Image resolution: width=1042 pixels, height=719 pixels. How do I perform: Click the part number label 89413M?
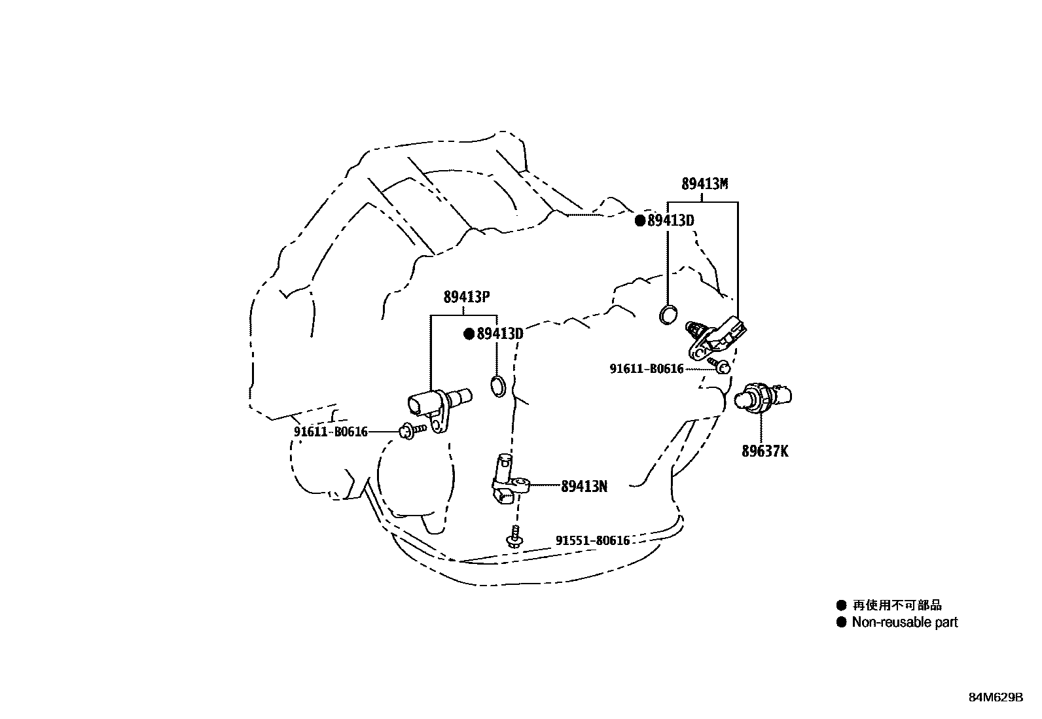point(704,184)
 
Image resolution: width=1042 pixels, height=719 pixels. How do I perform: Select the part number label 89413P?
point(467,296)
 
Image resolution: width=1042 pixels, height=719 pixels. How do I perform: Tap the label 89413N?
point(584,486)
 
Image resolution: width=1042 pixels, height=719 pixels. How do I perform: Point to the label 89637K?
point(764,451)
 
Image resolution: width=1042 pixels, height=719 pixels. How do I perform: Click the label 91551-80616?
point(592,540)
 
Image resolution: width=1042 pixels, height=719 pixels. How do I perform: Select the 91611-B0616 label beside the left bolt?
point(331,432)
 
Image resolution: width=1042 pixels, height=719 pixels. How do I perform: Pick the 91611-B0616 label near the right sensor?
point(647,369)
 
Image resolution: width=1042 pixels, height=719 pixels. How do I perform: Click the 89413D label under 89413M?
point(670,220)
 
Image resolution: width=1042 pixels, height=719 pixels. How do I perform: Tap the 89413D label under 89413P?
point(500,334)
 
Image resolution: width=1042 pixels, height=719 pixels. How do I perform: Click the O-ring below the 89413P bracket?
point(498,386)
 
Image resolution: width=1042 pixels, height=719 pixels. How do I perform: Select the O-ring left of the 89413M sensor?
point(668,315)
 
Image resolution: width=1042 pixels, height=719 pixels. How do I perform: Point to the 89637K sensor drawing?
point(763,398)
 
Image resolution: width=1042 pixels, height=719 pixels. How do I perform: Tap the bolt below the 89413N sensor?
point(515,537)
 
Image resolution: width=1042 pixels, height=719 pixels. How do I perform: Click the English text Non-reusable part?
point(905,622)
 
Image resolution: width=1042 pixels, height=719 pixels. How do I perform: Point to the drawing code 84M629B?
point(996,697)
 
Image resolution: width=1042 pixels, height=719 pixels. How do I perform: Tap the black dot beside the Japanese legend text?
point(841,606)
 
